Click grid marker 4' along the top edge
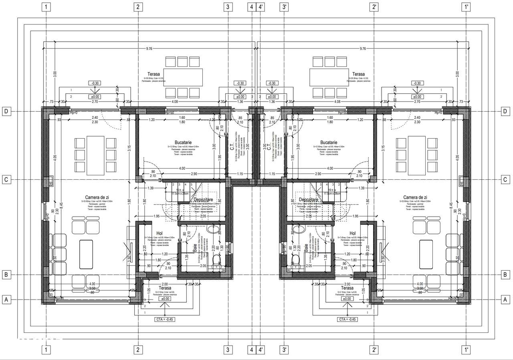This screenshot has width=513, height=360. pos(261,7)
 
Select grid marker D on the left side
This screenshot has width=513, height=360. pos(6,111)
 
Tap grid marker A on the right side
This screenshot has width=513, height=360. pos(506,299)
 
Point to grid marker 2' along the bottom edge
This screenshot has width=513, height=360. pos(374,350)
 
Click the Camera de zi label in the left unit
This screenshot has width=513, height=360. pos(98,197)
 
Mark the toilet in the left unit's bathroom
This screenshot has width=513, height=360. pos(217,260)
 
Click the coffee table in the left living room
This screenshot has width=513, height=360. pos(87,254)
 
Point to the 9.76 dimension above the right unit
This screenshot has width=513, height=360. pos(363,49)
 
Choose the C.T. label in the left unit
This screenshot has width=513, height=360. pos(232,148)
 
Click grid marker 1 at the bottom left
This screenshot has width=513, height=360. pos(47,350)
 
